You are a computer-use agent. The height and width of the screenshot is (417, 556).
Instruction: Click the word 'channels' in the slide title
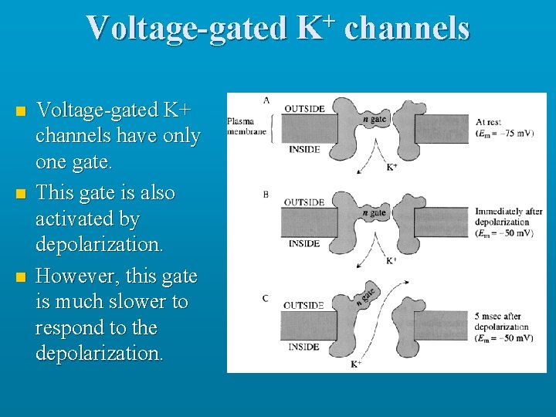407,29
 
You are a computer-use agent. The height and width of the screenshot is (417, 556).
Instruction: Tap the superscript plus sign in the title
330,18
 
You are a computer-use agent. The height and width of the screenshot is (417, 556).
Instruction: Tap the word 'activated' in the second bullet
76,219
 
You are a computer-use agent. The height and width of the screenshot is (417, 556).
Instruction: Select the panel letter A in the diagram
266,100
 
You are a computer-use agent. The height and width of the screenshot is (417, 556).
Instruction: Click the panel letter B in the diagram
266,195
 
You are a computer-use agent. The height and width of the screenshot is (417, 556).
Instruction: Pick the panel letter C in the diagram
266,298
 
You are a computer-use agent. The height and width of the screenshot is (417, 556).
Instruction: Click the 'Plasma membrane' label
246,126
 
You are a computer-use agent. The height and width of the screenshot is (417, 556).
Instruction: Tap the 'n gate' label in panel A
375,119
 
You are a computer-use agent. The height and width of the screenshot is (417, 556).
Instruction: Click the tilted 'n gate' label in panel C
366,295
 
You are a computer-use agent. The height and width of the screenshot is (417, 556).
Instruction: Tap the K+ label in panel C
356,363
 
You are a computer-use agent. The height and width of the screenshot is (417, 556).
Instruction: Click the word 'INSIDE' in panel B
303,243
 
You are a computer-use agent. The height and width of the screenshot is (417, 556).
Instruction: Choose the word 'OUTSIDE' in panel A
304,109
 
